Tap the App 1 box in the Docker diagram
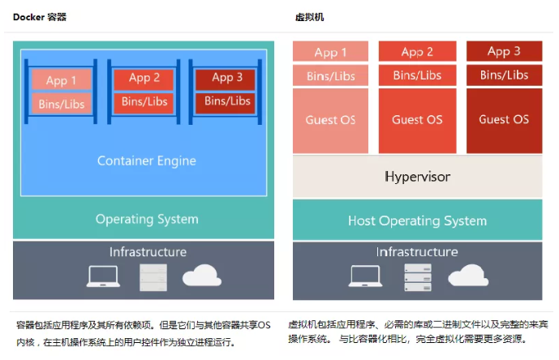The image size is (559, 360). (x=62, y=80)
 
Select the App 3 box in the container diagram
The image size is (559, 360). (x=227, y=78)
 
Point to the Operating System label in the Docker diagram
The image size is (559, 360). (x=147, y=219)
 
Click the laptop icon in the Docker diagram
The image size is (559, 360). (x=103, y=277)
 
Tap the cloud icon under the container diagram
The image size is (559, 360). (x=201, y=277)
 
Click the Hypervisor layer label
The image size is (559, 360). (x=417, y=176)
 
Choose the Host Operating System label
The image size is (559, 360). (x=417, y=221)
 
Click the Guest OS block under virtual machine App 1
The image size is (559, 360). (x=330, y=120)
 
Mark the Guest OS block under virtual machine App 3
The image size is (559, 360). (x=504, y=119)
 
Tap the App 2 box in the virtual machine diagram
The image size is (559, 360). (x=417, y=52)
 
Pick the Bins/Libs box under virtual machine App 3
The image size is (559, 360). (x=504, y=75)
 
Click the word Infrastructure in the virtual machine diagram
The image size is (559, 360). (x=417, y=252)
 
